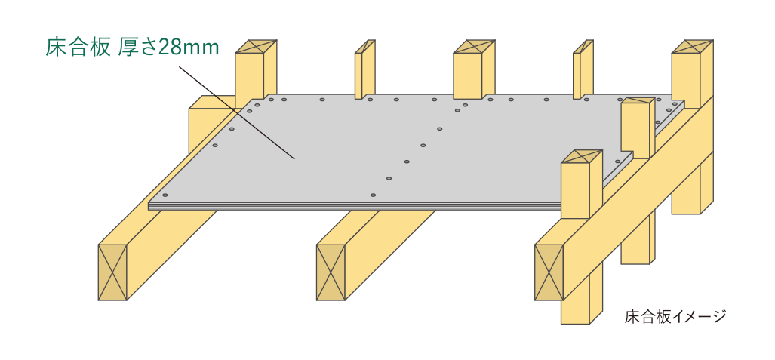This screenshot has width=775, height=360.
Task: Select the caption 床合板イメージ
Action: coord(675,317)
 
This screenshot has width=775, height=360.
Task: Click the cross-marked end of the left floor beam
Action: coord(112,271)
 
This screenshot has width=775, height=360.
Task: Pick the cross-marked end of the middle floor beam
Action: coord(330,272)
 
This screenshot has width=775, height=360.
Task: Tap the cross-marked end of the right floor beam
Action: coord(549,272)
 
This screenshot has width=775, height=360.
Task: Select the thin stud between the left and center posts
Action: coord(364,72)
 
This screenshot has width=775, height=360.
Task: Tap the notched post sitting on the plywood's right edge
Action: coord(635,128)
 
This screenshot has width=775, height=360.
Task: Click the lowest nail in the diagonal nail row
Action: coord(374,195)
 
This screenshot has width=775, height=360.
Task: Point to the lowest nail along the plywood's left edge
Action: coord(215,145)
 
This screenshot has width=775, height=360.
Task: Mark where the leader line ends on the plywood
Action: coord(294,159)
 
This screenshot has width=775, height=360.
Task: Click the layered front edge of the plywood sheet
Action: coord(355,205)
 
